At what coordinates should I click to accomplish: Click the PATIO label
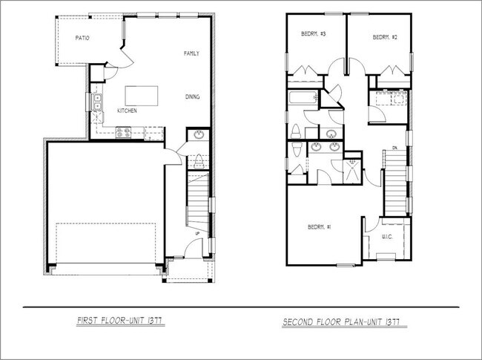click(82, 37)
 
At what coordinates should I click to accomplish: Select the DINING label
click(192, 97)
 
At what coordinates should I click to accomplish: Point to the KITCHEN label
click(127, 111)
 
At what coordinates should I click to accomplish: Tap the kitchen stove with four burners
click(124, 132)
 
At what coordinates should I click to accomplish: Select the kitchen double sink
click(97, 101)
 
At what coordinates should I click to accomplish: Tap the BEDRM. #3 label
click(314, 35)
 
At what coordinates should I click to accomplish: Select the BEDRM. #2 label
click(381, 37)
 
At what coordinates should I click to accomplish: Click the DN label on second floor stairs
click(395, 148)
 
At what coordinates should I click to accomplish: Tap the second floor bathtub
click(301, 97)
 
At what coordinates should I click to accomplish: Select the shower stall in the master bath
click(352, 169)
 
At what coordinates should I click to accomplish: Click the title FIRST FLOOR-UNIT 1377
click(120, 322)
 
